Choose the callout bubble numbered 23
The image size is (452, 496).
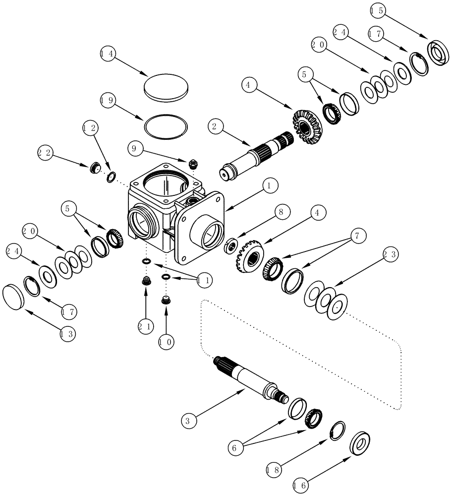391,254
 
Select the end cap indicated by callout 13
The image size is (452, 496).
13,297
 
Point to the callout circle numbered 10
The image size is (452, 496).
166,342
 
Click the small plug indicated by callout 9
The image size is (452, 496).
193,162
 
